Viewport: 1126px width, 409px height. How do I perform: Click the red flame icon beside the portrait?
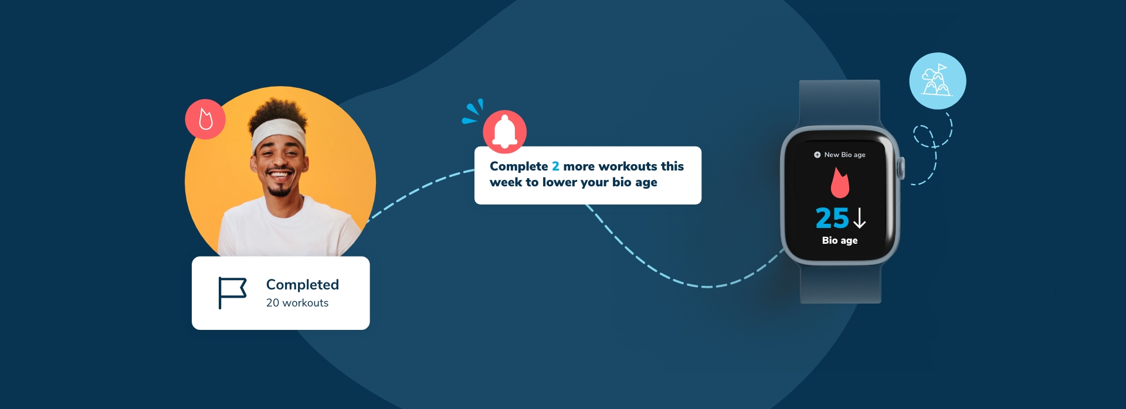coord(205,119)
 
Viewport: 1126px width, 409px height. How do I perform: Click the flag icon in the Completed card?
coord(232,292)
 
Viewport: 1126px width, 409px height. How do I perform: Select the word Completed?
coord(303,285)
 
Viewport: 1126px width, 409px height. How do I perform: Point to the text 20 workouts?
coord(297,303)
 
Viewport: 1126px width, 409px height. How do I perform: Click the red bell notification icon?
coord(504,131)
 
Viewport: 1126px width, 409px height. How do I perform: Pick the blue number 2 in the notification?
coord(555,166)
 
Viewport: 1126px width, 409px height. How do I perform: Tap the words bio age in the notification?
coord(635,182)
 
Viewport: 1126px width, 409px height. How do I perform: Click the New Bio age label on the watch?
coord(844,155)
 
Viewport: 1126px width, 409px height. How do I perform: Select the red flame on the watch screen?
coord(840,182)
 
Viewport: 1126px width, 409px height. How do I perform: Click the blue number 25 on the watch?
coord(832,218)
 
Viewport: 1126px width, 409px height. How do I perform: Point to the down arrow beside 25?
coord(859,218)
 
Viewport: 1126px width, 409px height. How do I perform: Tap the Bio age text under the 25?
coord(840,240)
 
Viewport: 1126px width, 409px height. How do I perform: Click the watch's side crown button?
coord(901,168)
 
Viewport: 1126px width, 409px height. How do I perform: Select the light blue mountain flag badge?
coord(937,81)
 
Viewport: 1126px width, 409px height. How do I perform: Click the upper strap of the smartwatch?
coord(840,103)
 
